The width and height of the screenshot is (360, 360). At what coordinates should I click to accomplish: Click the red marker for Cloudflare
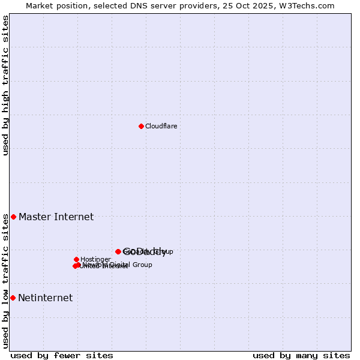click(x=141, y=126)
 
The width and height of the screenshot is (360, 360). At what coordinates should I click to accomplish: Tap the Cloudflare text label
click(x=161, y=126)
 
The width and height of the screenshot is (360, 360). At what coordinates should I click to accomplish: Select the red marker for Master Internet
click(x=13, y=217)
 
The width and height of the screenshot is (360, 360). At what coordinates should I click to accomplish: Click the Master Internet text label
click(x=56, y=217)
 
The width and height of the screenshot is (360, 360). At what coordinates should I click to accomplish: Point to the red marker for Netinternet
click(x=13, y=298)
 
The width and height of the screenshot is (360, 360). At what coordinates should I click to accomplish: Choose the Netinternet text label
click(x=45, y=298)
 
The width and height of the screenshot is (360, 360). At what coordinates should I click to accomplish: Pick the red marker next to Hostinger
click(x=76, y=259)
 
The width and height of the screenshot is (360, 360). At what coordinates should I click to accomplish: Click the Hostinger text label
click(x=95, y=259)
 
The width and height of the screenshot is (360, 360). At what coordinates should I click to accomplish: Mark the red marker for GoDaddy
click(x=118, y=251)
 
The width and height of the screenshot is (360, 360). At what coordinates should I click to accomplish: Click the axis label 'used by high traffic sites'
click(x=6, y=85)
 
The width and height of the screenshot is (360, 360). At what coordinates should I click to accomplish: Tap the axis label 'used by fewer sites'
click(x=62, y=355)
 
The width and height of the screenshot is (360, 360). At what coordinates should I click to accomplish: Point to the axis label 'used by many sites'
click(x=301, y=355)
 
